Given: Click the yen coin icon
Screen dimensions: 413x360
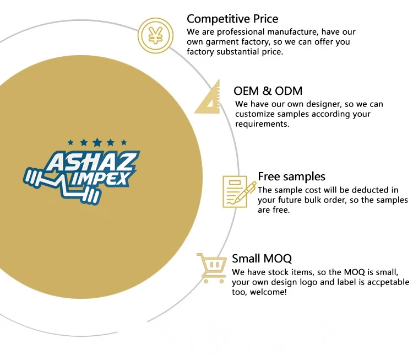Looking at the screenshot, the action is tap(155, 36).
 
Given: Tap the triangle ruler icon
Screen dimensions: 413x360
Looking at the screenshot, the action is tap(208, 98).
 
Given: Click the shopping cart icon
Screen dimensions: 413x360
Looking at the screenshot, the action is tap(211, 268).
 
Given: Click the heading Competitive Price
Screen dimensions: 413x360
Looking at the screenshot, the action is tap(232, 19).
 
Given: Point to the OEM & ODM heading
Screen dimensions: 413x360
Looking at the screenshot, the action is tap(268, 91).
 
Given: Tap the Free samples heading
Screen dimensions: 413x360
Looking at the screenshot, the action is tap(291, 176).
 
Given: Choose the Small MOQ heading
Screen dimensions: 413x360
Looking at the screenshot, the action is tap(262, 259).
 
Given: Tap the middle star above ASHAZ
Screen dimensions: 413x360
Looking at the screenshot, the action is tap(97, 142).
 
